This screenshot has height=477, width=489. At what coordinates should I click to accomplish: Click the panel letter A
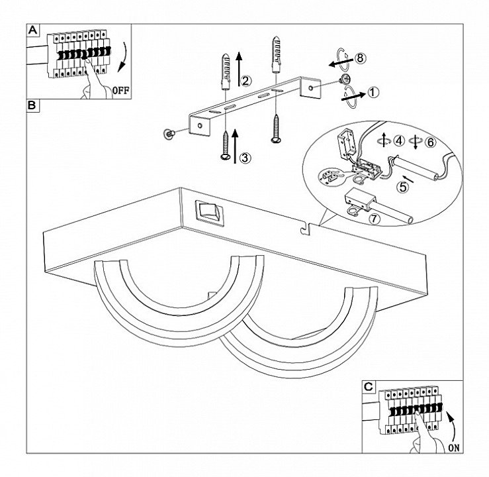click(32, 30)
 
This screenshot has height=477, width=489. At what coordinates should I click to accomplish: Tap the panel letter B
click(32, 105)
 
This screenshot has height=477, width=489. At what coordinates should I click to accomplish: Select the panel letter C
click(369, 387)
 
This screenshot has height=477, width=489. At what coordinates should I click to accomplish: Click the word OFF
click(120, 91)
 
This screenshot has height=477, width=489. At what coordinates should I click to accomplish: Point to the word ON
click(454, 448)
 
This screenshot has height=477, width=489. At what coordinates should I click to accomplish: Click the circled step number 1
click(373, 92)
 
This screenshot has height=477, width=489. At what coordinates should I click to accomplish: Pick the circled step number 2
click(245, 81)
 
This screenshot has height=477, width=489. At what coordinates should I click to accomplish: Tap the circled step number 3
click(245, 158)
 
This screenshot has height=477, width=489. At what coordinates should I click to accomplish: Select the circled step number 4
click(400, 141)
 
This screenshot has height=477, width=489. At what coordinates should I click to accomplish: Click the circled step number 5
click(402, 187)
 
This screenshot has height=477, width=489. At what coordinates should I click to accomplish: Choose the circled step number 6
click(430, 142)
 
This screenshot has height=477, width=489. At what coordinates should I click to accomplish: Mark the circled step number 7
click(375, 219)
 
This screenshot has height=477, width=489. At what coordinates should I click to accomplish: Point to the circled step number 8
click(361, 58)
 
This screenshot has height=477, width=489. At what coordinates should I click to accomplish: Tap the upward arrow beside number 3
click(235, 146)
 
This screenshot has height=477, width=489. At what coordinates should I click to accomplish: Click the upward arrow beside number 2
click(239, 69)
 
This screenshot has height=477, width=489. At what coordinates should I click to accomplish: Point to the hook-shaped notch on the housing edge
click(305, 229)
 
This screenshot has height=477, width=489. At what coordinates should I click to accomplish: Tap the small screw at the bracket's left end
click(169, 134)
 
